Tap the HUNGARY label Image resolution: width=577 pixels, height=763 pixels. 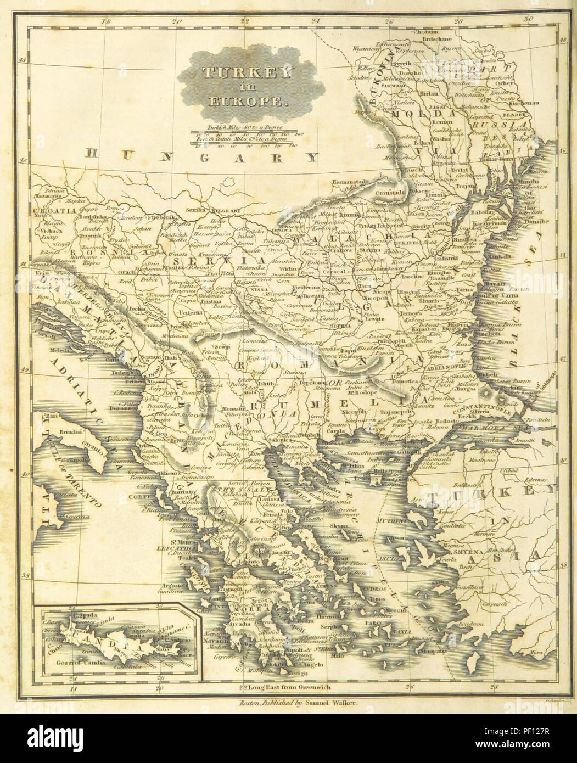pos(201,158)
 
